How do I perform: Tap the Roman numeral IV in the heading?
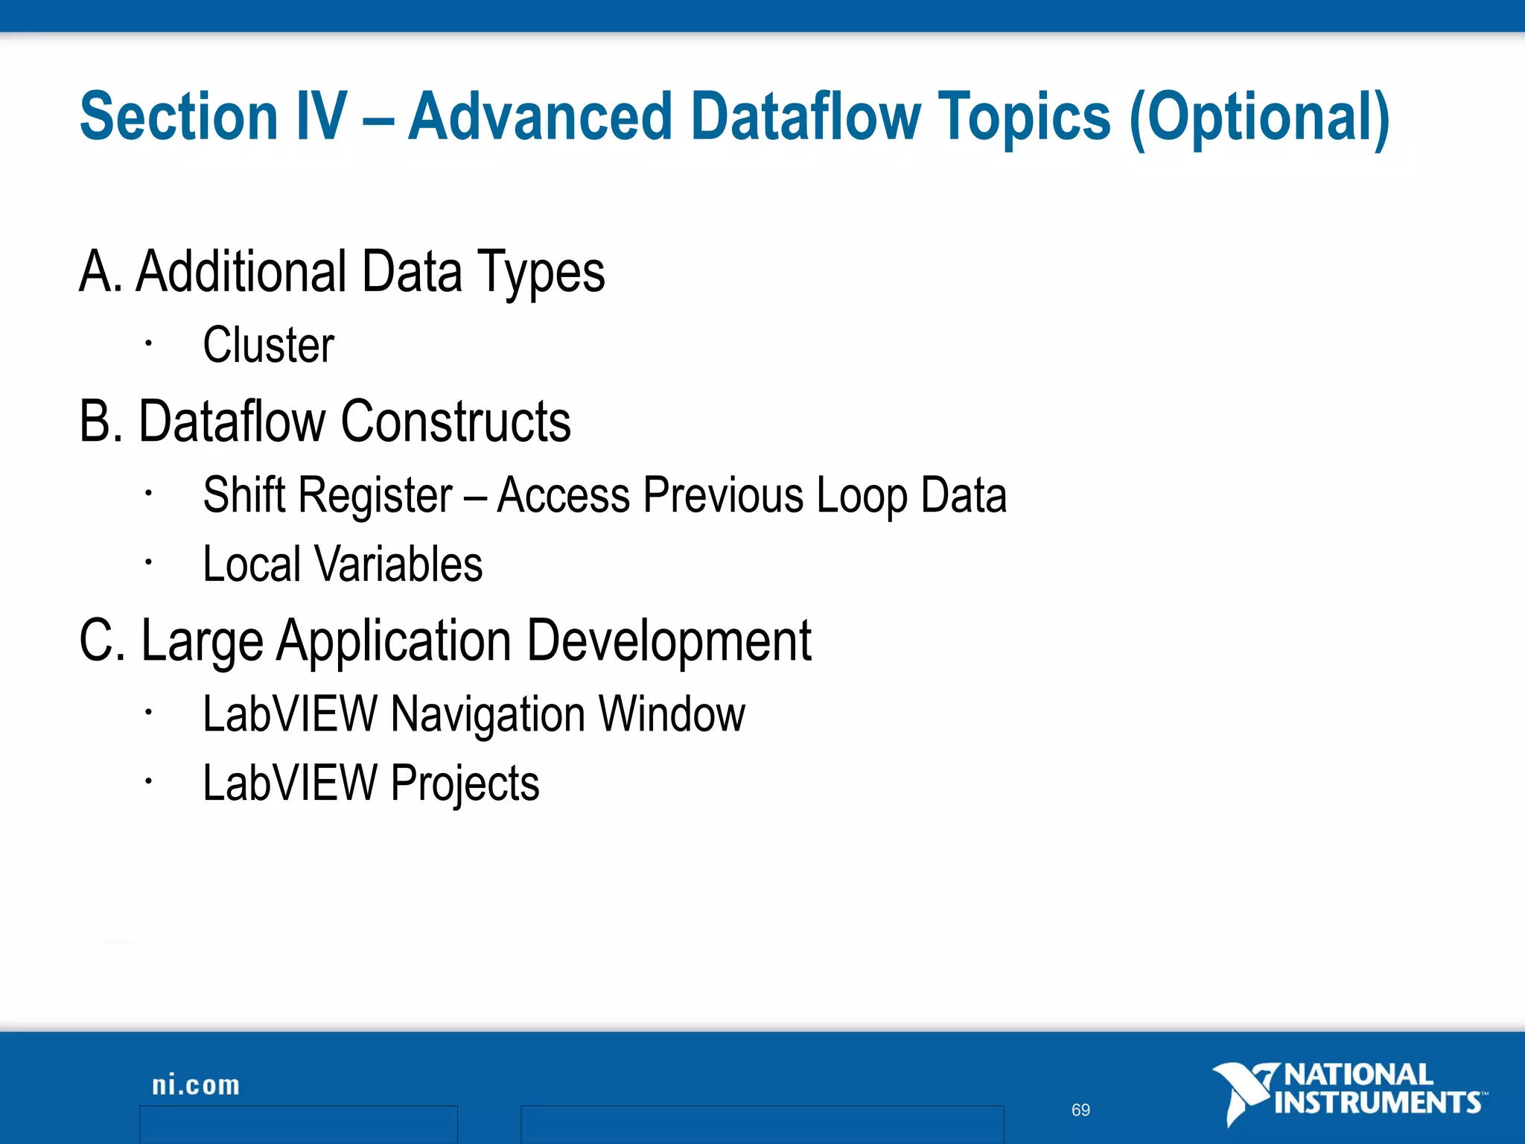[x=321, y=117]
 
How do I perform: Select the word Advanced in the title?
[x=541, y=117]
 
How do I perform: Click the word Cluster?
[x=268, y=346]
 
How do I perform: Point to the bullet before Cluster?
[x=149, y=343]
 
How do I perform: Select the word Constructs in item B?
[x=456, y=422]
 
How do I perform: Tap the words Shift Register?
[x=328, y=495]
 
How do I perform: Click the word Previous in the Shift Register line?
[x=723, y=495]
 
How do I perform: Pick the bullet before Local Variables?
[x=149, y=562]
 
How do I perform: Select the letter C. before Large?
[x=103, y=641]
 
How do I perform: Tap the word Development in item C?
[x=669, y=641]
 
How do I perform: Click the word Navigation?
[x=488, y=714]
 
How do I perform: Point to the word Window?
[x=672, y=714]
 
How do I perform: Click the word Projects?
[x=465, y=784]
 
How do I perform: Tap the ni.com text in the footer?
[x=196, y=1085]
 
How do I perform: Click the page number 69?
[x=1080, y=1110]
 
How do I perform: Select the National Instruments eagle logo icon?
[x=1242, y=1092]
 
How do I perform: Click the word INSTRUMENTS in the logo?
[x=1378, y=1103]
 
